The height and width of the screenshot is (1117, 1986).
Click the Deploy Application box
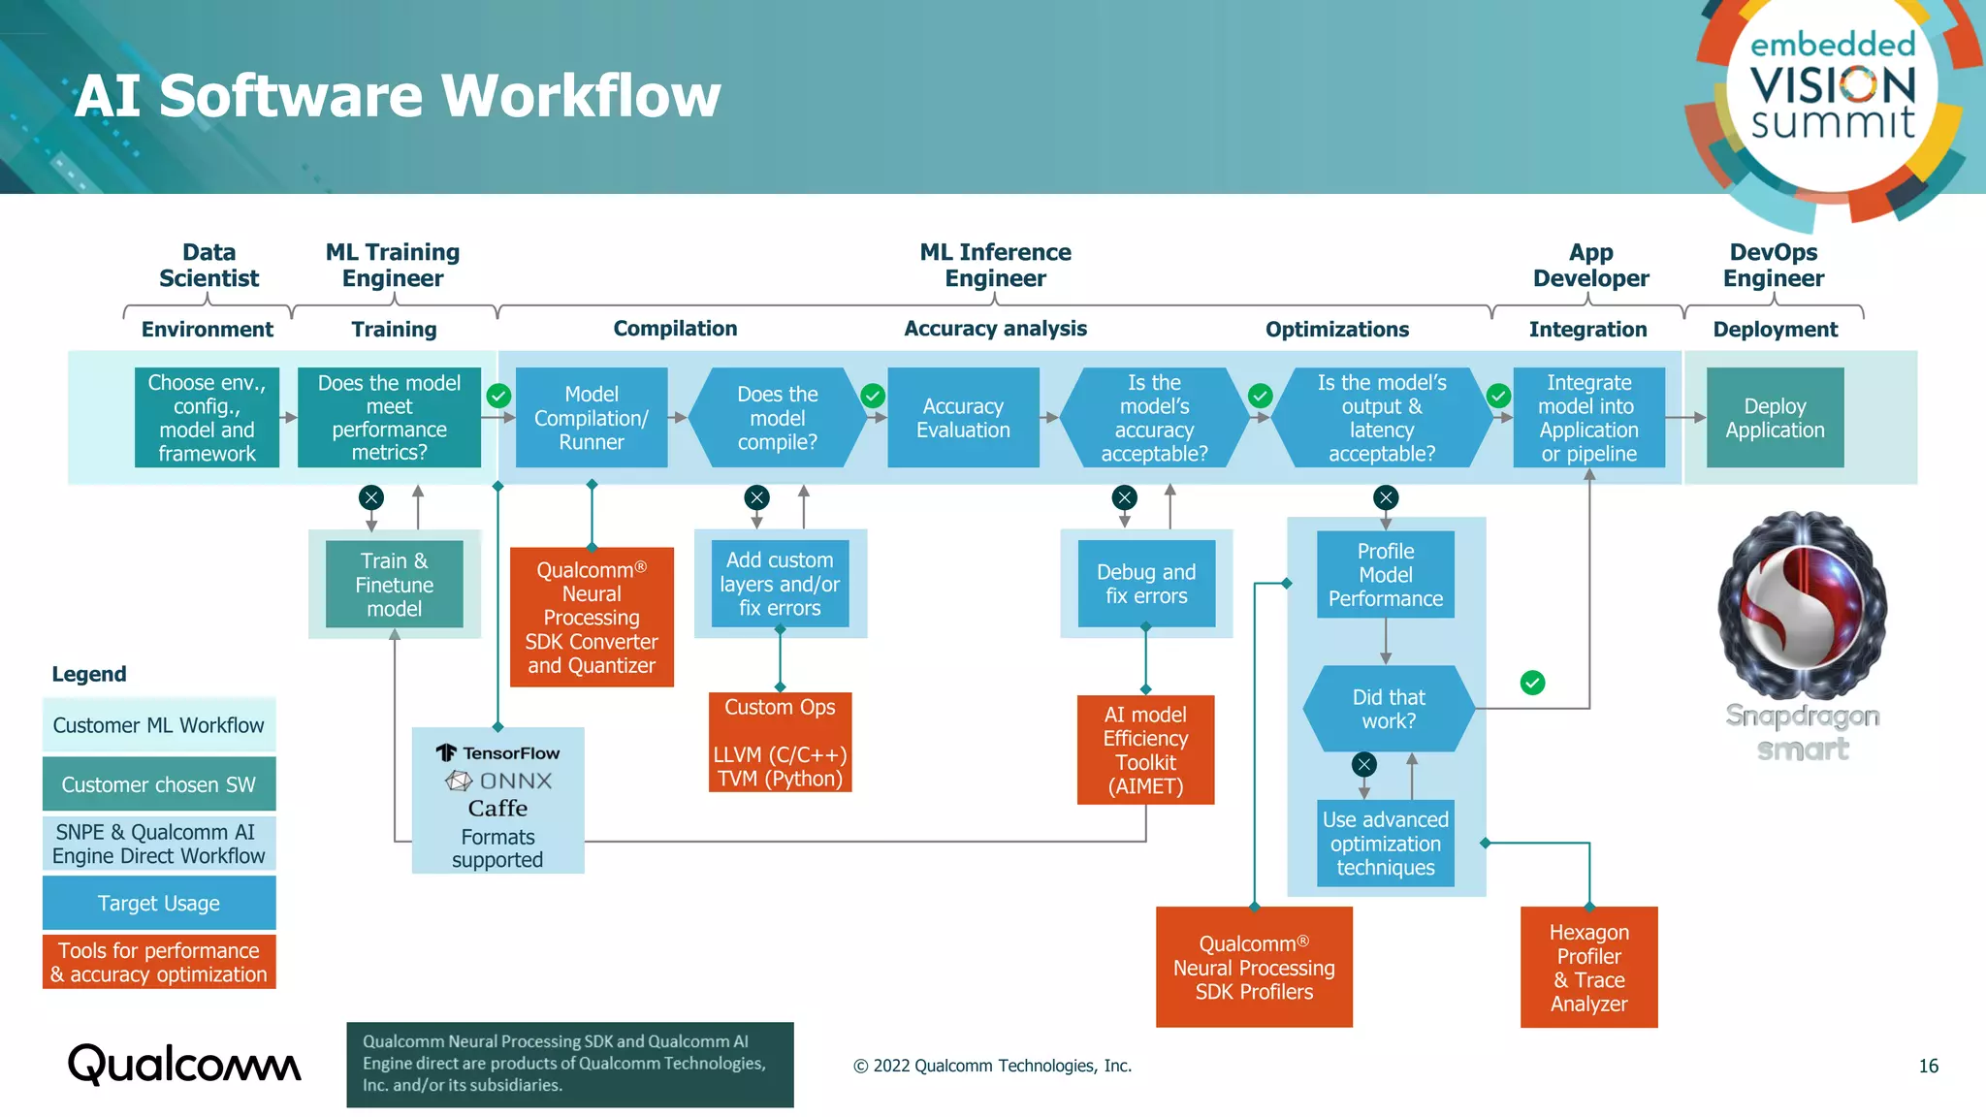coord(1775,418)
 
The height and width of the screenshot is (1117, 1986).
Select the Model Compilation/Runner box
coord(592,418)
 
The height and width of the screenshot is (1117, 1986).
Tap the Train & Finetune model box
coord(394,585)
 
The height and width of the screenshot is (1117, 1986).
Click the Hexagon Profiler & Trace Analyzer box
coord(1588,968)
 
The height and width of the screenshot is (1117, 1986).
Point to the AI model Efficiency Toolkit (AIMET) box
coord(1145,750)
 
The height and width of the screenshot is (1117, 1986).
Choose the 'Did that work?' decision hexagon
coord(1388,709)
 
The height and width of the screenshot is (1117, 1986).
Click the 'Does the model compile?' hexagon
coord(777,418)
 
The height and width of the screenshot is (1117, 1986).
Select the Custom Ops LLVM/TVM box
coord(780,742)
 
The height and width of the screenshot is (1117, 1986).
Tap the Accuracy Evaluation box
coord(963,418)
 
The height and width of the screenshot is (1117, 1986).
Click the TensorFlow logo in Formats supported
coord(446,753)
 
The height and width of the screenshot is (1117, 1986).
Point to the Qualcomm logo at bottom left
coord(184,1065)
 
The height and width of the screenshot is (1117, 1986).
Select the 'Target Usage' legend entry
coord(159,903)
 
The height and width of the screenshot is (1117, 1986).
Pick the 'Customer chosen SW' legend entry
coord(159,784)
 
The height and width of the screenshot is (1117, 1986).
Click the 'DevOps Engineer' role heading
coord(1773,265)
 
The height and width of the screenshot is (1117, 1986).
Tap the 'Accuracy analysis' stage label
coord(995,329)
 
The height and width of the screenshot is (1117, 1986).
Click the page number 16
coord(1928,1066)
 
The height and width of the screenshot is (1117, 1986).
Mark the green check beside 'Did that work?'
coord(1532,683)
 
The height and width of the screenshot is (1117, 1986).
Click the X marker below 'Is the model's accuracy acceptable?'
coord(1124,497)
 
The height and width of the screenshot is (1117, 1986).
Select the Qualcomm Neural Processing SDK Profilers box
coord(1254,968)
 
